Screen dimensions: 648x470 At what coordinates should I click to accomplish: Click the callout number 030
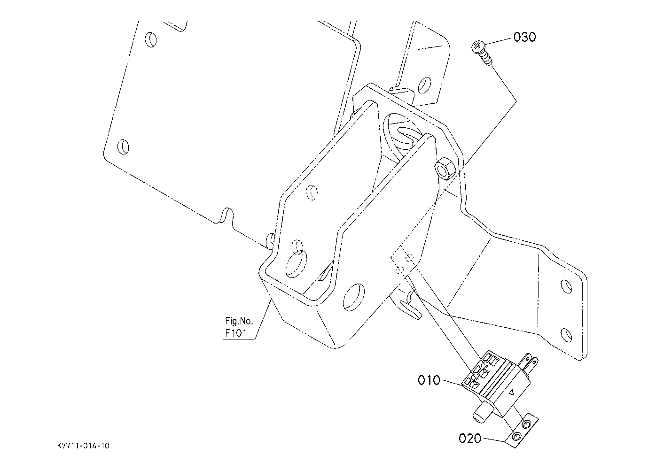tap(524, 37)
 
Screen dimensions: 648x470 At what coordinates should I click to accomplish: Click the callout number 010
tap(429, 380)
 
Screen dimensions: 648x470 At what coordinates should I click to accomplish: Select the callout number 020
tap(470, 439)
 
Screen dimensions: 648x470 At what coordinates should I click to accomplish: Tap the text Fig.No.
tap(239, 321)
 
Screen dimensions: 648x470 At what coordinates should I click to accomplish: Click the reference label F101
tap(236, 333)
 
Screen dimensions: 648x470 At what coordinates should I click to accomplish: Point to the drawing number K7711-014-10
tap(83, 446)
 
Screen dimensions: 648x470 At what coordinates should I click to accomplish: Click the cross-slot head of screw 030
tap(477, 46)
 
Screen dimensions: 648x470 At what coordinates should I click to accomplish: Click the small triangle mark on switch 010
tap(511, 392)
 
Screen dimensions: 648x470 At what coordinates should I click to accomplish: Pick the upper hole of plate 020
tap(526, 424)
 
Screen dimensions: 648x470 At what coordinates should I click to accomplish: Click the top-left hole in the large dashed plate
tap(151, 39)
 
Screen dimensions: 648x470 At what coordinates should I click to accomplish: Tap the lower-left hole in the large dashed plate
tap(123, 146)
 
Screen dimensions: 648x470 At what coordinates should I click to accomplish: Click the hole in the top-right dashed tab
tap(425, 85)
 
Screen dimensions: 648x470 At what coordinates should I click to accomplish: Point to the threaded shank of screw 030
tap(487, 59)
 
